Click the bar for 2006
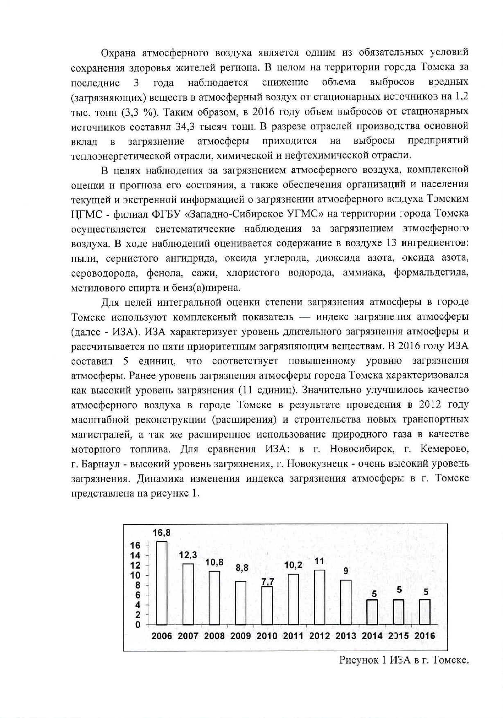point(162,583)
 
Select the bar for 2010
point(267,605)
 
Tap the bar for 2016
point(425,612)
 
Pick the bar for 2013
point(346,602)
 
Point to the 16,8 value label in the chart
point(162,533)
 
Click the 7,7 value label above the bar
point(268,581)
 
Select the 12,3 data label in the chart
point(188,555)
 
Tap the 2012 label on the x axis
point(320,636)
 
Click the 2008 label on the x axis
point(214,636)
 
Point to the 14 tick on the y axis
point(135,555)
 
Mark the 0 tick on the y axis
point(138,625)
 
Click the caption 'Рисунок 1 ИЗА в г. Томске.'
point(404,660)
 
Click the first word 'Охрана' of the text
point(118,52)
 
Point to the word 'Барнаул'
point(100,464)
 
